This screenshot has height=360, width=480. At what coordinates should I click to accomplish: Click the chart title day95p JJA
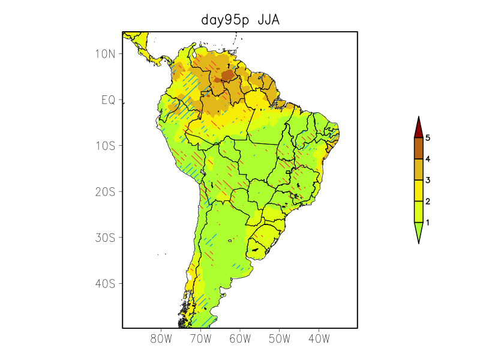click(240, 20)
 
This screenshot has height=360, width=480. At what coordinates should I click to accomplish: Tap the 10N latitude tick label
click(104, 53)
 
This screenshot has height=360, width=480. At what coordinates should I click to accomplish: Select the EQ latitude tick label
click(108, 100)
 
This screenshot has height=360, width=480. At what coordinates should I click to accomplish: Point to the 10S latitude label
click(104, 146)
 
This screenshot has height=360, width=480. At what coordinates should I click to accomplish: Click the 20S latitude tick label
click(104, 191)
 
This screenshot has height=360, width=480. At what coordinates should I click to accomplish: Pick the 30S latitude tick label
click(104, 238)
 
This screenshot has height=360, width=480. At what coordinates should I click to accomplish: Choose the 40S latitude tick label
click(104, 283)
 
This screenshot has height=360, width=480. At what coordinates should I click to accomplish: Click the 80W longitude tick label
click(161, 339)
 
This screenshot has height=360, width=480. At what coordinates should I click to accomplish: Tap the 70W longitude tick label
click(200, 339)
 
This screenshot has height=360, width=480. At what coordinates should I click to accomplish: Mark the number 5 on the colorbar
click(428, 138)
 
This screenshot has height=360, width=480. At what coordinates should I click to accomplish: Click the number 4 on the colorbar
click(428, 159)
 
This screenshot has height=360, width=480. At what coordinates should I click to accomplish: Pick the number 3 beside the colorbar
click(428, 180)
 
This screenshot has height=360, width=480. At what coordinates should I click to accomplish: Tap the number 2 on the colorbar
click(428, 201)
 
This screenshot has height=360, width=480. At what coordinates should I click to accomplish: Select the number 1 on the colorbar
click(428, 222)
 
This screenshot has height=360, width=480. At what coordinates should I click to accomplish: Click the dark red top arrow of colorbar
click(418, 127)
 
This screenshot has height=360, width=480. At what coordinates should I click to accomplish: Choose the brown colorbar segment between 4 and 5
click(418, 148)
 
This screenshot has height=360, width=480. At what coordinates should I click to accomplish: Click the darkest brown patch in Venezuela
click(228, 75)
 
